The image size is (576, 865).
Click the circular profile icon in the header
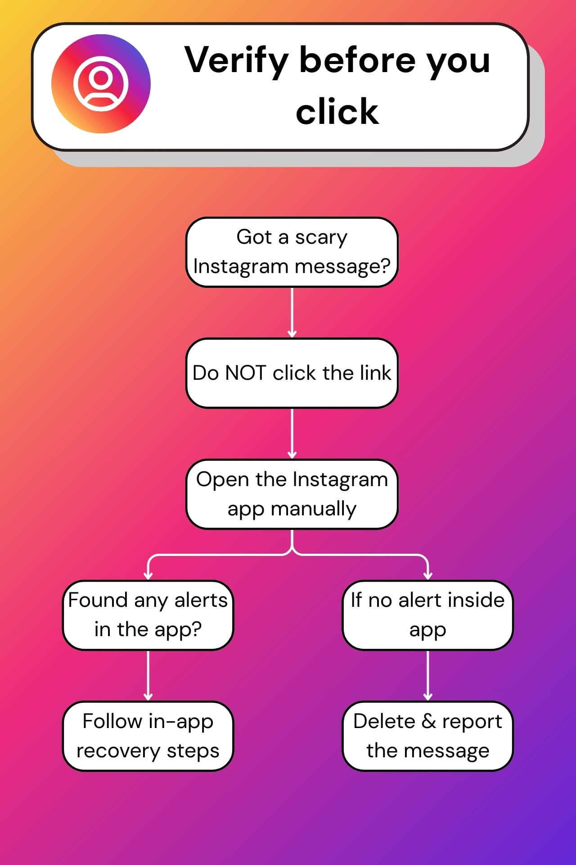101,84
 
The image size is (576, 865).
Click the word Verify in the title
236,60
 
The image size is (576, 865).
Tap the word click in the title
337,112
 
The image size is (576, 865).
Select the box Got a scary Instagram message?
292,252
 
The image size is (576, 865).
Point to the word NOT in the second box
245,373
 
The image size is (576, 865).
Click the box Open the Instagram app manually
292,494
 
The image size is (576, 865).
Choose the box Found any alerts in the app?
148,615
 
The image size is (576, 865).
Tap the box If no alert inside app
427,615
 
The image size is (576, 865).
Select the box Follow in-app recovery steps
148,736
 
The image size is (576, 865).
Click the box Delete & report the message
427,736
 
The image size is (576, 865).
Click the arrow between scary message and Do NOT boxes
292,312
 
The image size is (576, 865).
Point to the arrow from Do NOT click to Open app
292,433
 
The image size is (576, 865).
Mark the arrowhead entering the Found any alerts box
148,575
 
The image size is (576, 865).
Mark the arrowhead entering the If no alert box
427,575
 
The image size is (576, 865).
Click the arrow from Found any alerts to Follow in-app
148,675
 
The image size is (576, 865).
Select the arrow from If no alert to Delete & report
427,675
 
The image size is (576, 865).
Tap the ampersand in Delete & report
429,721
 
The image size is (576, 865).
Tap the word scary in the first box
321,238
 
